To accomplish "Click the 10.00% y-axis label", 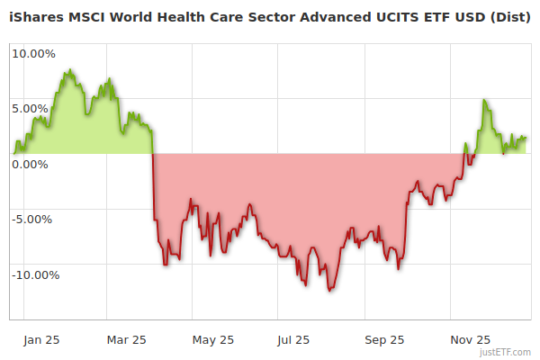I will point(33,53).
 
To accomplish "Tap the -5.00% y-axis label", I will point(34,220).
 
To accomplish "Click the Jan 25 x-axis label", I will point(41,340).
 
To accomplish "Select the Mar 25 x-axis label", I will point(126,340).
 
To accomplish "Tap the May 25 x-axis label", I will point(213,340).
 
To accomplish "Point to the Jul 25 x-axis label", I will point(293,340).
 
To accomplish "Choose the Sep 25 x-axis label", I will point(385,340).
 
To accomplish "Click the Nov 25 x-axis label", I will point(471,340).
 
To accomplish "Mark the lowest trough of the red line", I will point(330,291).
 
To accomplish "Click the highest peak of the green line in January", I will point(68,69).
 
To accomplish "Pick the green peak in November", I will point(485,100).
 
